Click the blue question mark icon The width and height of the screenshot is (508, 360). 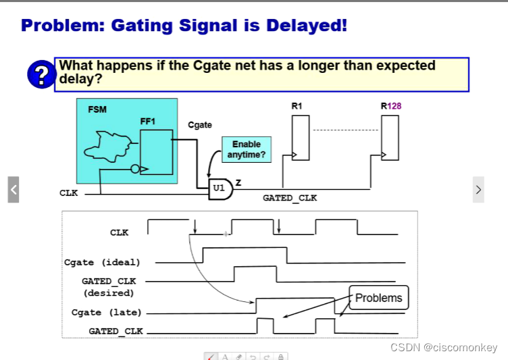pos(41,74)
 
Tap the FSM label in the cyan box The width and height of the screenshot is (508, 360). pos(97,109)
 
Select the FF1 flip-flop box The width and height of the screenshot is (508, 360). pos(156,153)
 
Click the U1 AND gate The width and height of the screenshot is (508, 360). pos(221,188)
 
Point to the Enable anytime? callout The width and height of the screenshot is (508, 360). pos(246,149)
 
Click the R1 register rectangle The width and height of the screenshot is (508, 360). pos(301,137)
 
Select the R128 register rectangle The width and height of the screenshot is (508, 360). pos(388,137)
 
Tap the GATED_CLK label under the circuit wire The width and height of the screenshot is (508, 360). pos(289,199)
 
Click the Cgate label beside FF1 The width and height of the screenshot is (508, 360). pos(200,125)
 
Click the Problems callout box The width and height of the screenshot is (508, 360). pos(378,298)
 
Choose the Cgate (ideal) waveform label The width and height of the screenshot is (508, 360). pos(102,262)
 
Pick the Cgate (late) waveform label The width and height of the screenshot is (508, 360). pos(106,313)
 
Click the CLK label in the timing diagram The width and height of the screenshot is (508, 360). pos(119,232)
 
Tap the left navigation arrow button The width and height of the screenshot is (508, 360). pos(13,190)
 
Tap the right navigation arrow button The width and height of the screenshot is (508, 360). pos(478,190)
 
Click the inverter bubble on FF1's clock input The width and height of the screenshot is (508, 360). pos(135,169)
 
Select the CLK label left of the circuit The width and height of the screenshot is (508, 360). pos(69,193)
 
